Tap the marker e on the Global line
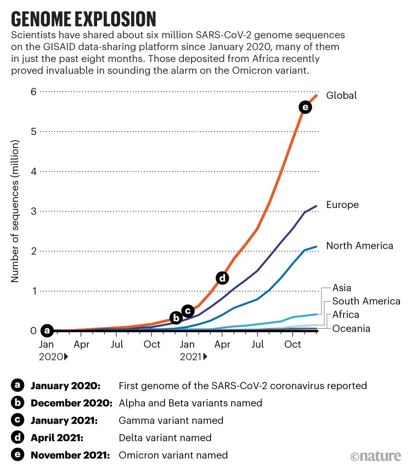coord(305,108)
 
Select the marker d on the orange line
coord(222,278)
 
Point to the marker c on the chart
coord(187,311)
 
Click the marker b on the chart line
coord(176,317)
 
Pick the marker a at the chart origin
coord(47,330)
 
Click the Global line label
coord(341,95)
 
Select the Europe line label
coord(342,205)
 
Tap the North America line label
coord(359,245)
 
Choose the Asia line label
coord(342,288)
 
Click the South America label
coord(366,301)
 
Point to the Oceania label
coord(351,328)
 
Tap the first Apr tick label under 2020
coord(82,345)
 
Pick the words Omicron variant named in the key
coord(173,455)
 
